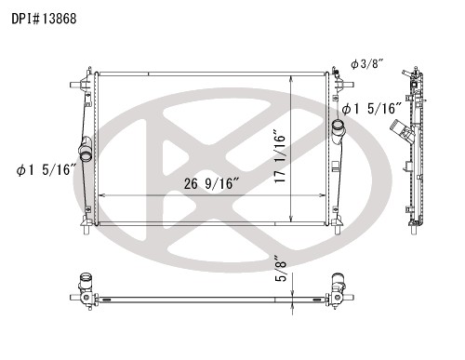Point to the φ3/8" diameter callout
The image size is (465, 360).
pyautogui.click(x=366, y=63)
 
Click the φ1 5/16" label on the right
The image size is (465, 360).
pyautogui.click(x=369, y=110)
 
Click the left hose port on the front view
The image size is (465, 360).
pyautogui.click(x=85, y=149)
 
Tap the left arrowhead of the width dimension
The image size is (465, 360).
pyautogui.click(x=100, y=194)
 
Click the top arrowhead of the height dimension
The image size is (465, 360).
pyautogui.click(x=294, y=71)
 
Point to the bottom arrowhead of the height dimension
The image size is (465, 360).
pyautogui.click(x=294, y=222)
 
